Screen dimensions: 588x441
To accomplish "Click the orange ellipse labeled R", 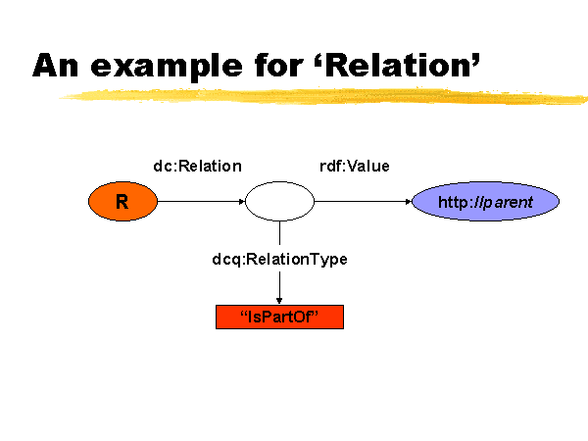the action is (x=122, y=201).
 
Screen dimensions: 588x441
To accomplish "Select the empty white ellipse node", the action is (x=279, y=201).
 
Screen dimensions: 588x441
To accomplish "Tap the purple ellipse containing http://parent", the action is (x=486, y=201).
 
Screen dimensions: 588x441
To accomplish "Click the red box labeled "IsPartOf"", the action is (x=279, y=317).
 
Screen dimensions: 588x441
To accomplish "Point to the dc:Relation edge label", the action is (x=198, y=167).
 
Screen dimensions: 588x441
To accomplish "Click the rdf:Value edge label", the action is (x=355, y=167).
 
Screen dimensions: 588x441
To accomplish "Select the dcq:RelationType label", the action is (x=279, y=260).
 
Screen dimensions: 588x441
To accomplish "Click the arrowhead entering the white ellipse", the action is (x=242, y=201).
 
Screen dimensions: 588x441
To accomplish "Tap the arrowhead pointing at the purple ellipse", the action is (x=409, y=201).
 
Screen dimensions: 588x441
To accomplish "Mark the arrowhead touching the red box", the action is (x=279, y=301).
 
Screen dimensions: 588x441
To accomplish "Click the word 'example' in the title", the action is (x=167, y=67).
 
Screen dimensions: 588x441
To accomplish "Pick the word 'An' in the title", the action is (x=56, y=66).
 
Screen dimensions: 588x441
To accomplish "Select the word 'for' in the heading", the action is (x=278, y=65).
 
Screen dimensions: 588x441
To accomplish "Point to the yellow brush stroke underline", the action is (x=322, y=96).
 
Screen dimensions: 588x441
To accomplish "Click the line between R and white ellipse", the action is (x=201, y=201).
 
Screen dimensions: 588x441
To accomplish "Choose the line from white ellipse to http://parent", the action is (x=363, y=201).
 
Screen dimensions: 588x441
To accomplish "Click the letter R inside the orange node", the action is (x=122, y=202).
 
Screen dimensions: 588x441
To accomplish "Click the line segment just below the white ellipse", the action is (x=279, y=233).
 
